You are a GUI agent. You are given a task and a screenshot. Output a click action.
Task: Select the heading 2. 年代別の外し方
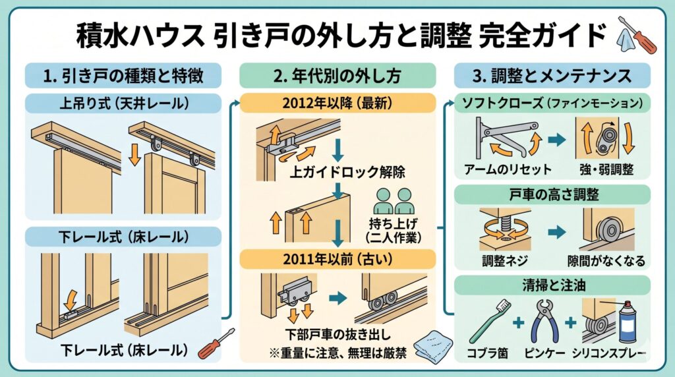click(x=337, y=76)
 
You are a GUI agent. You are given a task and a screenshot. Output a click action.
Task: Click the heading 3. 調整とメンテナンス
click(x=553, y=76)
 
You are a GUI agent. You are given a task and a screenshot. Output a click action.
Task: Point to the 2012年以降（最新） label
click(x=337, y=103)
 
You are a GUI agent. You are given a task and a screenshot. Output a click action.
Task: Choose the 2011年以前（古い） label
click(x=337, y=258)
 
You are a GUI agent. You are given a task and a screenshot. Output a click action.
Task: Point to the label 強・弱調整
click(x=606, y=169)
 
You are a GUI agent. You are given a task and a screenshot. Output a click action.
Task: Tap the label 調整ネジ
click(x=505, y=259)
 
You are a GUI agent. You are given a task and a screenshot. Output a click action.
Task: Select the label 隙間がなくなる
click(x=607, y=259)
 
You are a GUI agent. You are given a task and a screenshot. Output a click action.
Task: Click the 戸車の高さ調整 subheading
click(x=553, y=194)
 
